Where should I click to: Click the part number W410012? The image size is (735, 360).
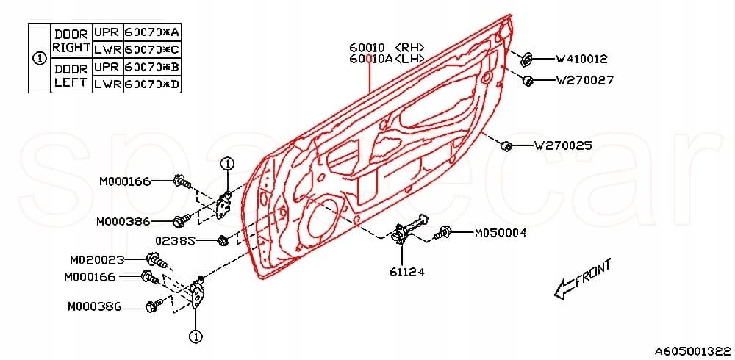coord(581,59)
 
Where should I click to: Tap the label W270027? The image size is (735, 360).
coord(584,80)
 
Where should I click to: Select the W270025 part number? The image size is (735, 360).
coord(563,145)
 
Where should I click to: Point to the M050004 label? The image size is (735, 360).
coord(500,233)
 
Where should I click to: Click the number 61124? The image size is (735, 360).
coord(407,272)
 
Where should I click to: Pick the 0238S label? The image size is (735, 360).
coord(175,241)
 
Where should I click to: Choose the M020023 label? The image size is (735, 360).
coord(97,259)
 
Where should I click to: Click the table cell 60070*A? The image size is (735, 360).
coord(152,32)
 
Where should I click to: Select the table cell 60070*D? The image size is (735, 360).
coord(152,84)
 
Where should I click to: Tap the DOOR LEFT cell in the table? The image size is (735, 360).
coord(71,76)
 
